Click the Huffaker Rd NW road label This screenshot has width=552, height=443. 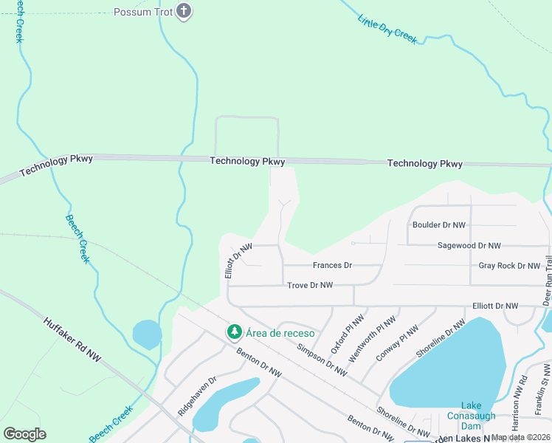[x=72, y=340]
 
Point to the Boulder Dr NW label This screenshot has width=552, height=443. [x=438, y=225]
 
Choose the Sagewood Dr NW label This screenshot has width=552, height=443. [x=469, y=245]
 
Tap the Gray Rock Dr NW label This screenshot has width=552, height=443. [x=509, y=266]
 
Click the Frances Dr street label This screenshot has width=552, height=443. [x=332, y=265]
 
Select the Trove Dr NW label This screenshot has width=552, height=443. [x=310, y=285]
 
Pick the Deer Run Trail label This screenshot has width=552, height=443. [x=547, y=281]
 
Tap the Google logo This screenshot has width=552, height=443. [x=24, y=433]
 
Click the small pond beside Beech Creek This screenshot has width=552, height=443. [x=147, y=334]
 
